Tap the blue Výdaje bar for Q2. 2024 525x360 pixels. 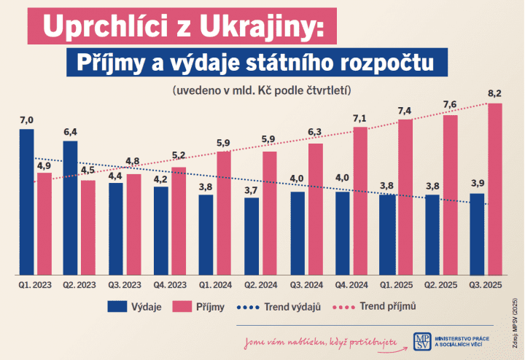pos(252,233)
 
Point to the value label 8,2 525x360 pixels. pos(495,93)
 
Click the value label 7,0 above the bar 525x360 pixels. pos(27,120)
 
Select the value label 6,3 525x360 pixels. pos(315,133)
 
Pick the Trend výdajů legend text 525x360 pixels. pos(295,307)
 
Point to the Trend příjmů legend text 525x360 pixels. pos(388,307)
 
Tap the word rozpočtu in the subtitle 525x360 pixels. pos(388,63)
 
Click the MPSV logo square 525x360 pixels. pos(421,341)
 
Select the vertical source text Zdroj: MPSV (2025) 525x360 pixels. pos(516,321)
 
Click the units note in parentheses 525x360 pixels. pos(262,91)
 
